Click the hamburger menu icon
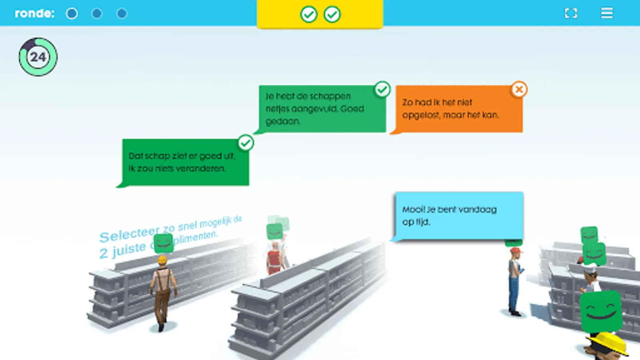point(606,13)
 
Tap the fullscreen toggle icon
point(571,13)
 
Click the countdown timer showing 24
point(38,57)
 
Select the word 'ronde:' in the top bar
point(34,14)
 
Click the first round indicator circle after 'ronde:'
point(72,14)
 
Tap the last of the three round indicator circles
point(122,14)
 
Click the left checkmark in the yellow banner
point(308,14)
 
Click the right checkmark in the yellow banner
point(332,14)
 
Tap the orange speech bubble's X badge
point(519,90)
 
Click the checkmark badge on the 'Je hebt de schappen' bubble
point(382,89)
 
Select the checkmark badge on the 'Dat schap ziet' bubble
point(246,142)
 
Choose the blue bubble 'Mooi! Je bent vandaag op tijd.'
point(459,216)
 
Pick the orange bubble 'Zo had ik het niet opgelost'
point(458,109)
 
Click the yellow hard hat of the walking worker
point(162,260)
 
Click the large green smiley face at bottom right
point(601,311)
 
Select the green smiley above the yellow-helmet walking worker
point(163,243)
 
